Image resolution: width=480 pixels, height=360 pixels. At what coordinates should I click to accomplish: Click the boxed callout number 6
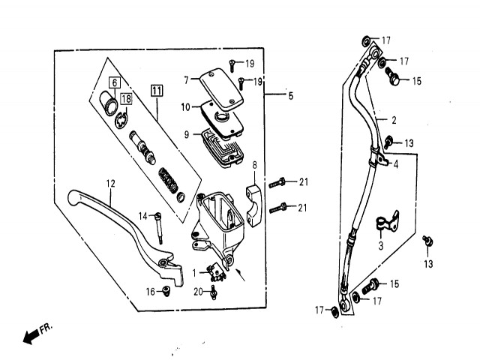(115, 82)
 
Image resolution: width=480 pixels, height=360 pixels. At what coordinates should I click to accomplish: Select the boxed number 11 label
(157, 91)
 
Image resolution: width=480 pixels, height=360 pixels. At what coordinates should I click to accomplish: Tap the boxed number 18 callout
(126, 99)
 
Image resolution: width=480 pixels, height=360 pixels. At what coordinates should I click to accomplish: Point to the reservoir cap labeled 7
(221, 88)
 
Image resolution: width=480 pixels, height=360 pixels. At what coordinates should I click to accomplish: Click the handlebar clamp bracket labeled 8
(253, 205)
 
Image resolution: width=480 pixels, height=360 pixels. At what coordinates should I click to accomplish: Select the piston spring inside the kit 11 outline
(168, 181)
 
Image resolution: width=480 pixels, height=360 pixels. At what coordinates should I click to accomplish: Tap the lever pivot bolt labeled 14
(159, 228)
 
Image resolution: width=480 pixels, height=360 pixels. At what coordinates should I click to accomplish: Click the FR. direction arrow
(31, 337)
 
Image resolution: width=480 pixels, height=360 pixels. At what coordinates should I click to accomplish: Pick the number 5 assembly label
(290, 96)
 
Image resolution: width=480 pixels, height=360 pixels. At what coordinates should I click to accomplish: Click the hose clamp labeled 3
(387, 220)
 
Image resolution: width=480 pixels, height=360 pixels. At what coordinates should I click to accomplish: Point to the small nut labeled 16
(166, 291)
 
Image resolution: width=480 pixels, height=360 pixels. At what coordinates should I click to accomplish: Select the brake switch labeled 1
(217, 273)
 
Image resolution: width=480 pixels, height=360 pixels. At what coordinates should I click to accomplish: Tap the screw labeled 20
(213, 292)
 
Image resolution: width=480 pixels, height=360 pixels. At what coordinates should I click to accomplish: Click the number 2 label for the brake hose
(394, 120)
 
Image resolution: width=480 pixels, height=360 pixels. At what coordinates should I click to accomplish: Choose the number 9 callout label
(187, 134)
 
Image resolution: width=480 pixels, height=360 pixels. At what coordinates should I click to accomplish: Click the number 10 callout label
(185, 107)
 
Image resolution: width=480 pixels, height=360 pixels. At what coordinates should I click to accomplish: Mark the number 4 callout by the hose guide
(396, 165)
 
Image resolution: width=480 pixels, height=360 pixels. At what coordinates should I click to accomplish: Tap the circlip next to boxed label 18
(121, 121)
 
